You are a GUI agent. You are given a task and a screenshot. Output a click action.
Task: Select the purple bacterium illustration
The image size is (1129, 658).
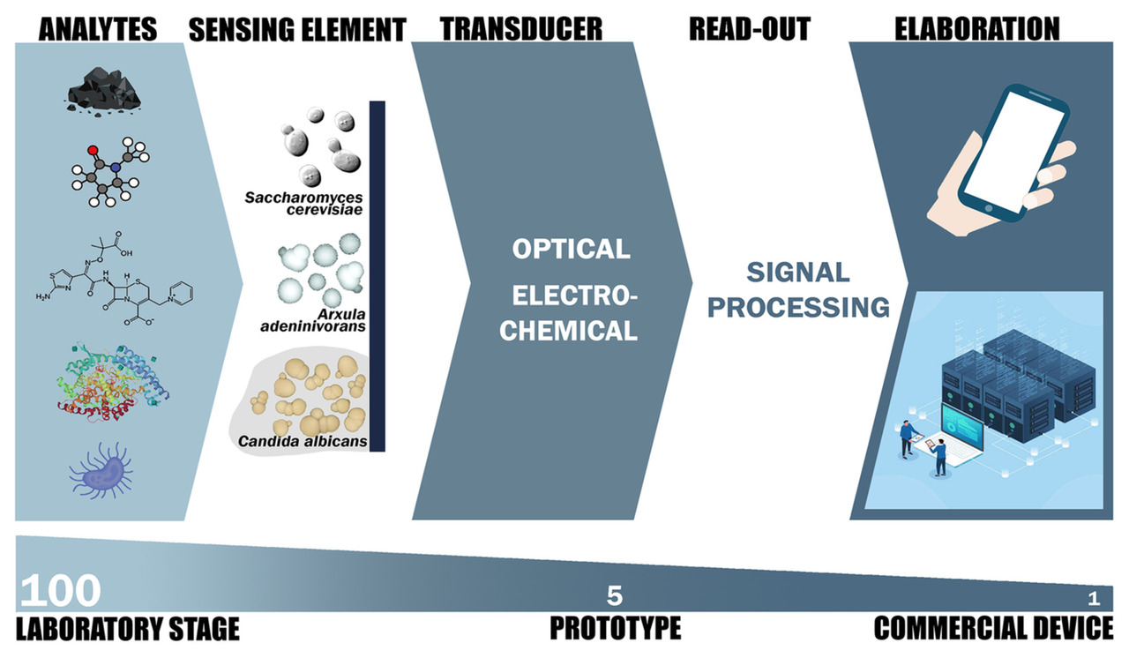point(102,467)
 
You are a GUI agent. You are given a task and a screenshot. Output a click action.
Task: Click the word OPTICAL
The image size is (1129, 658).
point(572,249)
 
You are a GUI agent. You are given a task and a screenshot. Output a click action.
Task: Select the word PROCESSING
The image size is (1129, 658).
point(802,307)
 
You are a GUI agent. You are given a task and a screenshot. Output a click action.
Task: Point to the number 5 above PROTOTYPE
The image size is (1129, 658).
point(615,595)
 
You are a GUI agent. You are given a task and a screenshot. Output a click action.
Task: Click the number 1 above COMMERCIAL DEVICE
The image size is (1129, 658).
point(1094,599)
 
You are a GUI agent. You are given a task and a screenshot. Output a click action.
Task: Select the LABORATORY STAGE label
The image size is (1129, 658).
point(128,629)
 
